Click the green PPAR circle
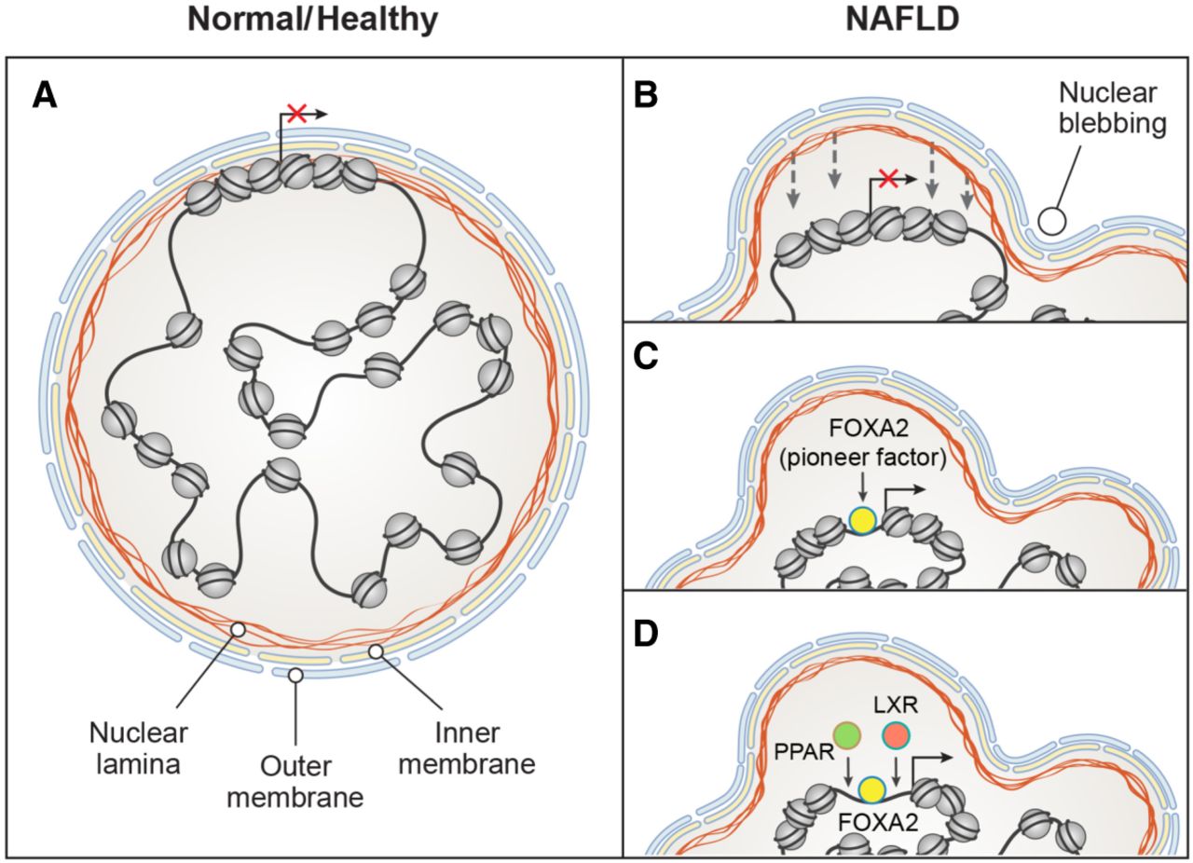847,734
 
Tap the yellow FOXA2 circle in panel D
872,789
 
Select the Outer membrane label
295,785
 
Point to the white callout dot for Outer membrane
295,675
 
